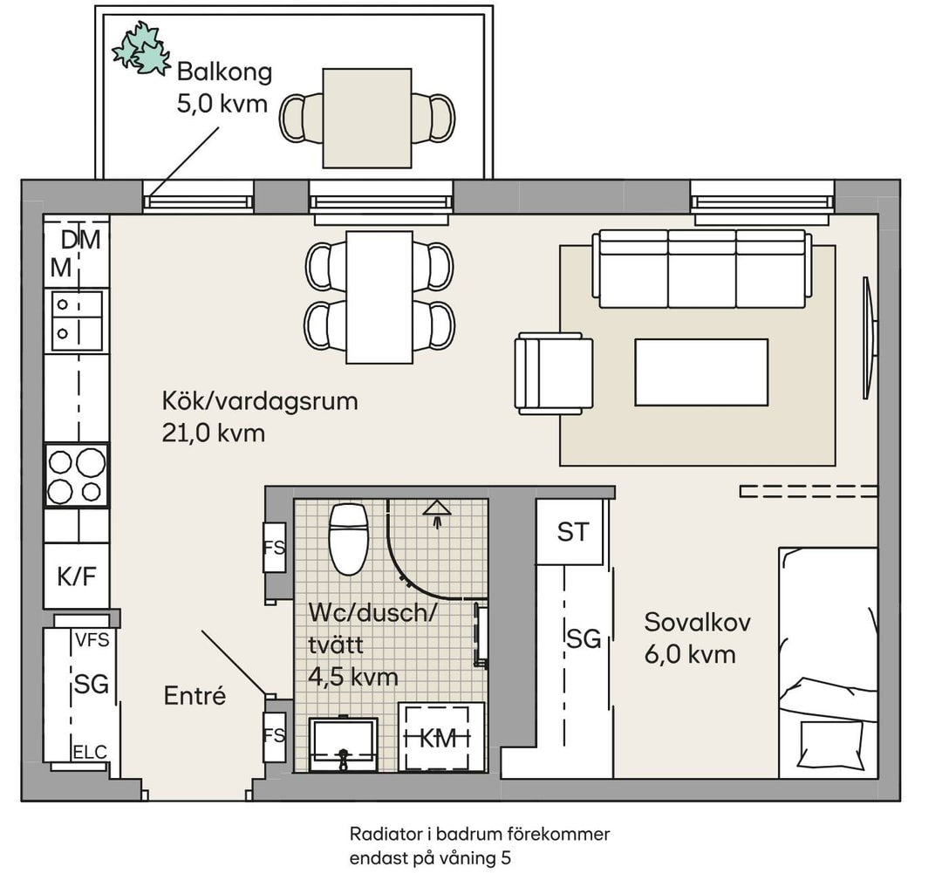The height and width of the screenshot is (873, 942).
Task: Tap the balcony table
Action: point(367,119)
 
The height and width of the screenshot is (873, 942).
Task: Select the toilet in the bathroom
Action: point(348,539)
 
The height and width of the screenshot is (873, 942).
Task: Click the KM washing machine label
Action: point(437,739)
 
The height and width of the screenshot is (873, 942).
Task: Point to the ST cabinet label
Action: point(573,532)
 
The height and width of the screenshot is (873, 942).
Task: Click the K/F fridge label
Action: point(76,576)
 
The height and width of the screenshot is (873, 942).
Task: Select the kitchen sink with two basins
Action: point(77,320)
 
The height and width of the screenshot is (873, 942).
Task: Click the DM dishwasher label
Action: point(80,241)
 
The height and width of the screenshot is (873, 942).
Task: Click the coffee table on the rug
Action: point(701,372)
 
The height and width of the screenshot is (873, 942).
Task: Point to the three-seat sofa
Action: point(701,269)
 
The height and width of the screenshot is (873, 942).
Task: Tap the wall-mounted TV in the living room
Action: point(870,336)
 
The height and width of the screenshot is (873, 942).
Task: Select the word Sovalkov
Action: point(698,623)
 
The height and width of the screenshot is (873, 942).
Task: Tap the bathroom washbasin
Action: point(343,745)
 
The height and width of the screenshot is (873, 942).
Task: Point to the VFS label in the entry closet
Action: point(92,640)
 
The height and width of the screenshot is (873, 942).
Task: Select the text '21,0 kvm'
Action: point(214,433)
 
